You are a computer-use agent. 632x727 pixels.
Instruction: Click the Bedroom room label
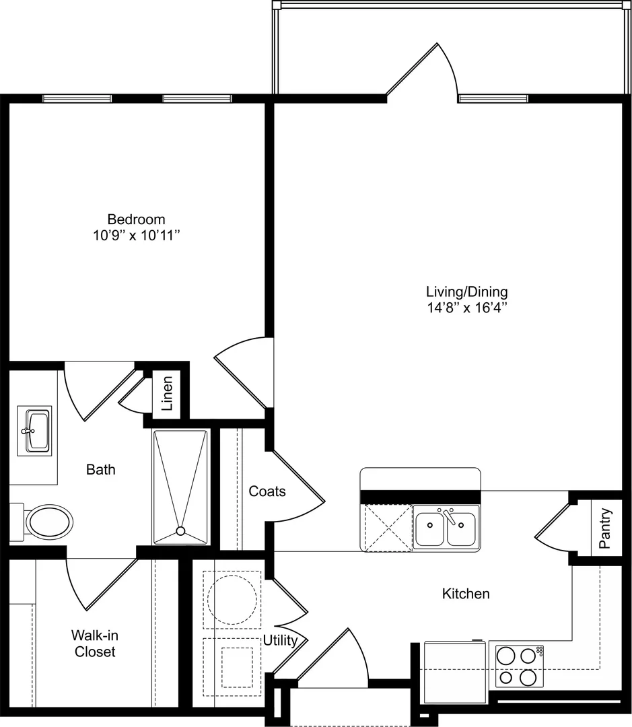pyautogui.click(x=136, y=219)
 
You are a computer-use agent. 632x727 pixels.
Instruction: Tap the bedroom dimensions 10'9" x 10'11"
pyautogui.click(x=137, y=236)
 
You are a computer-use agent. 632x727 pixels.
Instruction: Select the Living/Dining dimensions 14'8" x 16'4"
pyautogui.click(x=467, y=308)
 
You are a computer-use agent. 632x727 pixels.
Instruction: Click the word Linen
pyautogui.click(x=167, y=394)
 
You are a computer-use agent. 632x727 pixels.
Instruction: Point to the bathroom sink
pyautogui.click(x=35, y=431)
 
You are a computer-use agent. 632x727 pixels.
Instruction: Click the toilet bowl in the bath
pyautogui.click(x=48, y=522)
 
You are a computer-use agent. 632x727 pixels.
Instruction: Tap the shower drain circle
pyautogui.click(x=181, y=531)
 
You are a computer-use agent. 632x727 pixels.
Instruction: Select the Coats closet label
pyautogui.click(x=267, y=491)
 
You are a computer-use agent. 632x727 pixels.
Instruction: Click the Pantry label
pyautogui.click(x=604, y=528)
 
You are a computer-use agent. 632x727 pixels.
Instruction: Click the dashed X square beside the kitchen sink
pyautogui.click(x=388, y=528)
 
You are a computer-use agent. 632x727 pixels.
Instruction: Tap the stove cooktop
pyautogui.click(x=520, y=666)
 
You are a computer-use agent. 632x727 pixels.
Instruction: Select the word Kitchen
pyautogui.click(x=466, y=594)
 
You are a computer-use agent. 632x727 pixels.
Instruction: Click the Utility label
pyautogui.click(x=281, y=640)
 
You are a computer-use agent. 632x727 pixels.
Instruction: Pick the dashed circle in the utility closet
pyautogui.click(x=232, y=600)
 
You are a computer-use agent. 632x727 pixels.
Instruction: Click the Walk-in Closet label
pyautogui.click(x=95, y=644)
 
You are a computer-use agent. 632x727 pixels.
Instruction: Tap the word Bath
pyautogui.click(x=100, y=470)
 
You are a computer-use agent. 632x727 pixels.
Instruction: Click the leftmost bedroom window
pyautogui.click(x=77, y=98)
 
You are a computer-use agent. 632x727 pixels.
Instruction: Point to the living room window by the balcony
pyautogui.click(x=493, y=98)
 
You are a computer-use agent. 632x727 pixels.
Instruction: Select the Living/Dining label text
pyautogui.click(x=467, y=291)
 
